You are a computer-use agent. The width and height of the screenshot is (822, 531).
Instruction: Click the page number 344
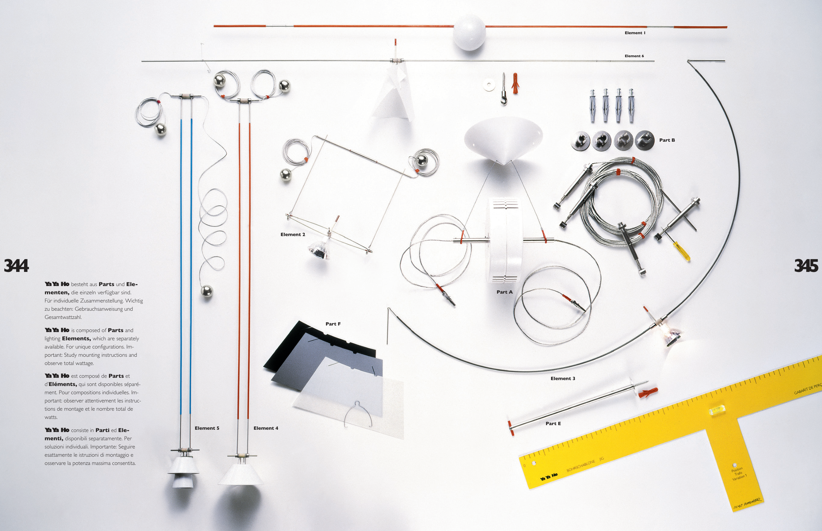tap(16, 266)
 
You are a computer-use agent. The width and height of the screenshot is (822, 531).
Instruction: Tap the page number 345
tap(806, 266)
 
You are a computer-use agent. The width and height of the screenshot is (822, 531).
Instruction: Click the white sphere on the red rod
tap(469, 33)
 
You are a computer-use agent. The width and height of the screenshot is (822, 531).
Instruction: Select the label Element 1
tap(635, 33)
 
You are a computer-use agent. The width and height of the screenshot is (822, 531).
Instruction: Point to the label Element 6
tap(634, 56)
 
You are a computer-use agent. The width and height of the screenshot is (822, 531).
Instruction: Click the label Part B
tap(667, 140)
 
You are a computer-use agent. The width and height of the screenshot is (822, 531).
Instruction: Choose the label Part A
tap(504, 292)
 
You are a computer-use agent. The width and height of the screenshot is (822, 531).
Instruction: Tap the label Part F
tap(333, 324)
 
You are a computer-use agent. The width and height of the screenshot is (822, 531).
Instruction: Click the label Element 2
tap(293, 234)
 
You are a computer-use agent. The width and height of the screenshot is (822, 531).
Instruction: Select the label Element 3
tap(563, 378)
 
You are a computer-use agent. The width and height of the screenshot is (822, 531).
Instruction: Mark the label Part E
tap(553, 423)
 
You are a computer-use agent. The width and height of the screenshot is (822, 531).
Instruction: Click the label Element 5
tap(207, 428)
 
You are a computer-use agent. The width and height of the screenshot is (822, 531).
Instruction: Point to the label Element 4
tap(266, 428)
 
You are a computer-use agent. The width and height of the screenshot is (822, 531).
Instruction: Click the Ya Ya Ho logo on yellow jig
tap(549, 476)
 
